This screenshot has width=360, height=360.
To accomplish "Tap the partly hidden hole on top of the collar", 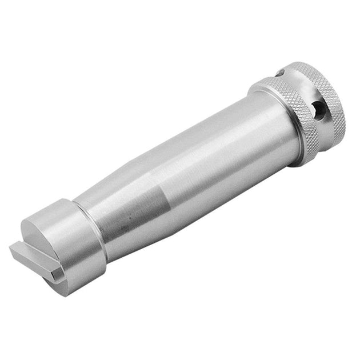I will click(281, 73).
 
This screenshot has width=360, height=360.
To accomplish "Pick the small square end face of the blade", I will click(54, 277).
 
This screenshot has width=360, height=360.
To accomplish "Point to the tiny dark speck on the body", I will click(131, 219).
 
